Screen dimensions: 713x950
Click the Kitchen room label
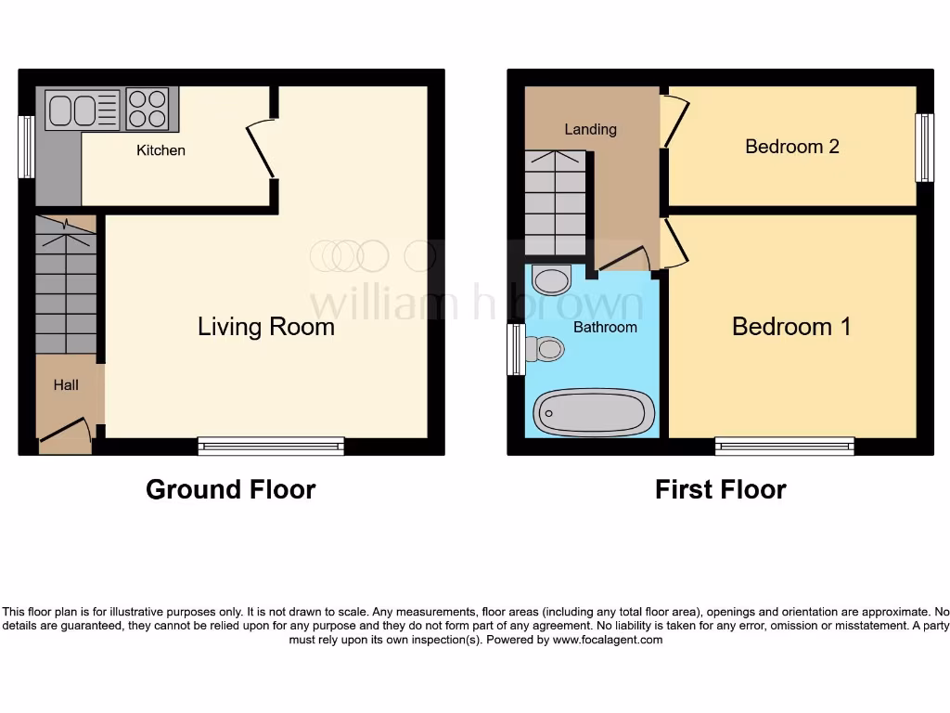[x=160, y=150]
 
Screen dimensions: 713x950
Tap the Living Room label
[x=265, y=327]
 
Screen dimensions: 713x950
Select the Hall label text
[x=66, y=385]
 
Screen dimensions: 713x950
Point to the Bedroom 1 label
[x=791, y=327]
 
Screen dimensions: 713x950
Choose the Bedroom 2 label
[x=792, y=147]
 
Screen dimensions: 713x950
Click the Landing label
[x=590, y=129]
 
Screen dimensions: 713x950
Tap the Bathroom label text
[x=605, y=328]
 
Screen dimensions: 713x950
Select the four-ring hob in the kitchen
[x=148, y=109]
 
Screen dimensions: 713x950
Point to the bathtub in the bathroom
[x=594, y=412]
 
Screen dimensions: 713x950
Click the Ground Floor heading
[x=230, y=489]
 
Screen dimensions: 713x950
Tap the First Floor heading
[x=720, y=489]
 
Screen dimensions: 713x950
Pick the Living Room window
[x=271, y=447]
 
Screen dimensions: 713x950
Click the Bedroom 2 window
[x=924, y=148]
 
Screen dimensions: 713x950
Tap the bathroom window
[x=516, y=349]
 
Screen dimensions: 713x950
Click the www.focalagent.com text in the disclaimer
[x=608, y=640]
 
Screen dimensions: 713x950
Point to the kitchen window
[x=26, y=147]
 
